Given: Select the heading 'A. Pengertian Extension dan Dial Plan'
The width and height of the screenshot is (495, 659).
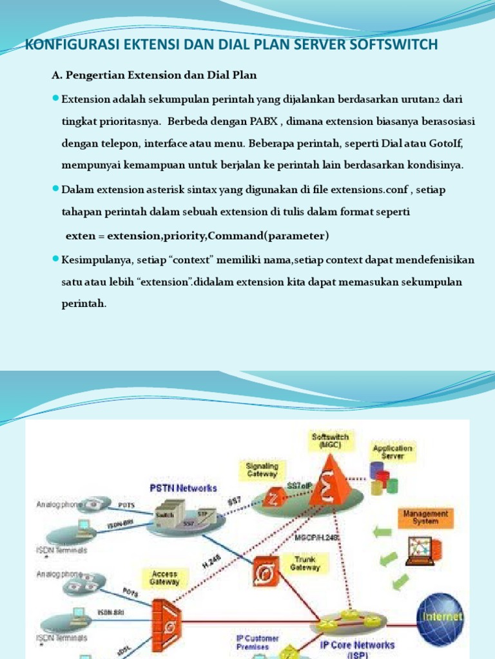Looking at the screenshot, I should click(154, 76).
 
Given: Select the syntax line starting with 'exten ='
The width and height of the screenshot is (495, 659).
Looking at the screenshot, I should click(197, 236).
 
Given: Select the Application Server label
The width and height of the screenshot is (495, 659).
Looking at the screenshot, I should click(392, 452).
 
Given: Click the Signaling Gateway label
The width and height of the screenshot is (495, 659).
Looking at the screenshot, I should click(262, 470).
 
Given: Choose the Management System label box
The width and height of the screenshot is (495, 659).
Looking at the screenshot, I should click(425, 517).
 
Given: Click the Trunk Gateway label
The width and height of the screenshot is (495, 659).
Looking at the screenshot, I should click(305, 564).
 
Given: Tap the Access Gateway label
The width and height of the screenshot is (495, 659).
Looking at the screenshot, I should click(164, 578).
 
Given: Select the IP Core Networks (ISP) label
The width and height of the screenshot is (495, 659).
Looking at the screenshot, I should click(358, 648).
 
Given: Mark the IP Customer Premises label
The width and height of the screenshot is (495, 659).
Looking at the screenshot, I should click(257, 642).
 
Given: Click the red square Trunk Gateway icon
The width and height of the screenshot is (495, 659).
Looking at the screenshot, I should click(265, 570).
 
